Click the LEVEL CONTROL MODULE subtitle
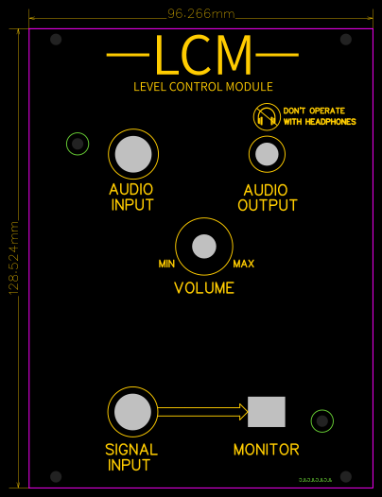pyautogui.click(x=204, y=87)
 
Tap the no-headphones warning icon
pyautogui.click(x=266, y=117)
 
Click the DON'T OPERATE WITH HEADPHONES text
pyautogui.click(x=320, y=116)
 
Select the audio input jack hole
pyautogui.click(x=133, y=153)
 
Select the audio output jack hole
pyautogui.click(x=268, y=153)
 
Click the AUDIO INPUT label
pyautogui.click(x=131, y=197)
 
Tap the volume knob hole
pyautogui.click(x=204, y=247)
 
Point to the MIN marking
pyautogui.click(x=166, y=264)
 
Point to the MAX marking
pyautogui.click(x=243, y=264)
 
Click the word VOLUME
pyautogui.click(x=204, y=288)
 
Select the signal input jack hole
pyautogui.click(x=132, y=412)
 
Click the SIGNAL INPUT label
pyautogui.click(x=130, y=457)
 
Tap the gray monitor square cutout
pyautogui.click(x=266, y=411)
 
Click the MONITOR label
pyautogui.click(x=266, y=450)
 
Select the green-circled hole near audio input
pyautogui.click(x=78, y=144)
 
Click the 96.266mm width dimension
pyautogui.click(x=200, y=14)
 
